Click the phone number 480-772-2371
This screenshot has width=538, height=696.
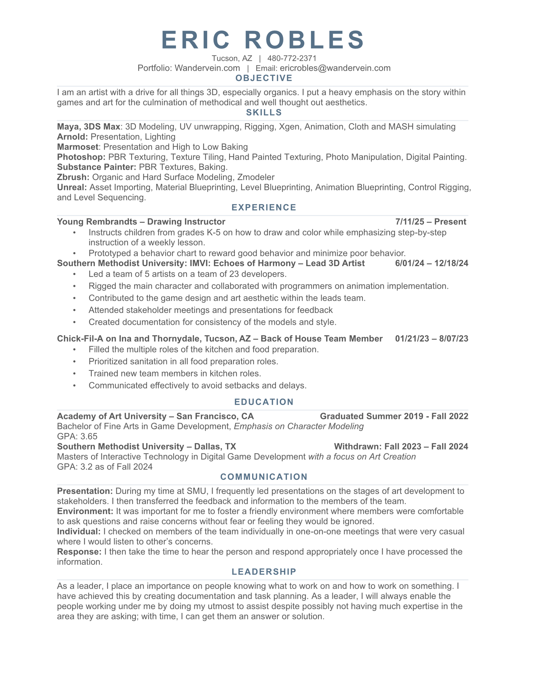coord(292,58)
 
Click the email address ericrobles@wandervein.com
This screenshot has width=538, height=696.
coord(335,68)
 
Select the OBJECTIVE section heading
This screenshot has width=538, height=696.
coord(264,78)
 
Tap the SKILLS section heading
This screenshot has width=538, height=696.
coord(264,112)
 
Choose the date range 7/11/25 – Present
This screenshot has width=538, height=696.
coord(431,222)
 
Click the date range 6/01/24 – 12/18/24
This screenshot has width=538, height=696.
coord(431,263)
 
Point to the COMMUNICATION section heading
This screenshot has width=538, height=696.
coord(264,477)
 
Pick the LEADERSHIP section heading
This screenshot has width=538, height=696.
coord(264,572)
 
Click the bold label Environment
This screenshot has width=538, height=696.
coord(85,511)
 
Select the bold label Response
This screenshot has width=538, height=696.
coord(79,552)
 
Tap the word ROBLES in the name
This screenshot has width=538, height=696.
coord(305,40)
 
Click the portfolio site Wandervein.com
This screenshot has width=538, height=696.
coord(207,68)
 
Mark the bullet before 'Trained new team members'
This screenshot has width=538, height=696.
coord(74,374)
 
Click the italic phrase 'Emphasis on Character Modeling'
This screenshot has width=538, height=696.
coord(299,427)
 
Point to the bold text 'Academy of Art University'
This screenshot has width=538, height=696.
coord(112,416)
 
